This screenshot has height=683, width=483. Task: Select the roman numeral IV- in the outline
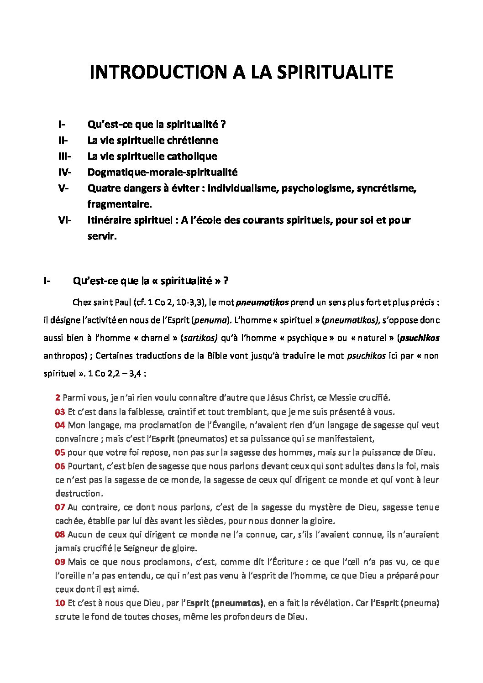65,172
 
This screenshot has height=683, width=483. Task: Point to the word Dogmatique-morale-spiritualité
162,172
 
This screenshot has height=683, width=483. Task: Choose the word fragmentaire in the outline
119,204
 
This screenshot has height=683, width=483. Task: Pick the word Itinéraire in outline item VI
110,220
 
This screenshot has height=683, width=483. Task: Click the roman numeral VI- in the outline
65,220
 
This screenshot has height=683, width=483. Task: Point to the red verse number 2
58,397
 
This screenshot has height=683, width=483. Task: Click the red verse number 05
60,453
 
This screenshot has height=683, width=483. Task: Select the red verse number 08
60,534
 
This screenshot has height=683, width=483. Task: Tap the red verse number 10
60,603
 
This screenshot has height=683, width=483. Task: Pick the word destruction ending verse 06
78,493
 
